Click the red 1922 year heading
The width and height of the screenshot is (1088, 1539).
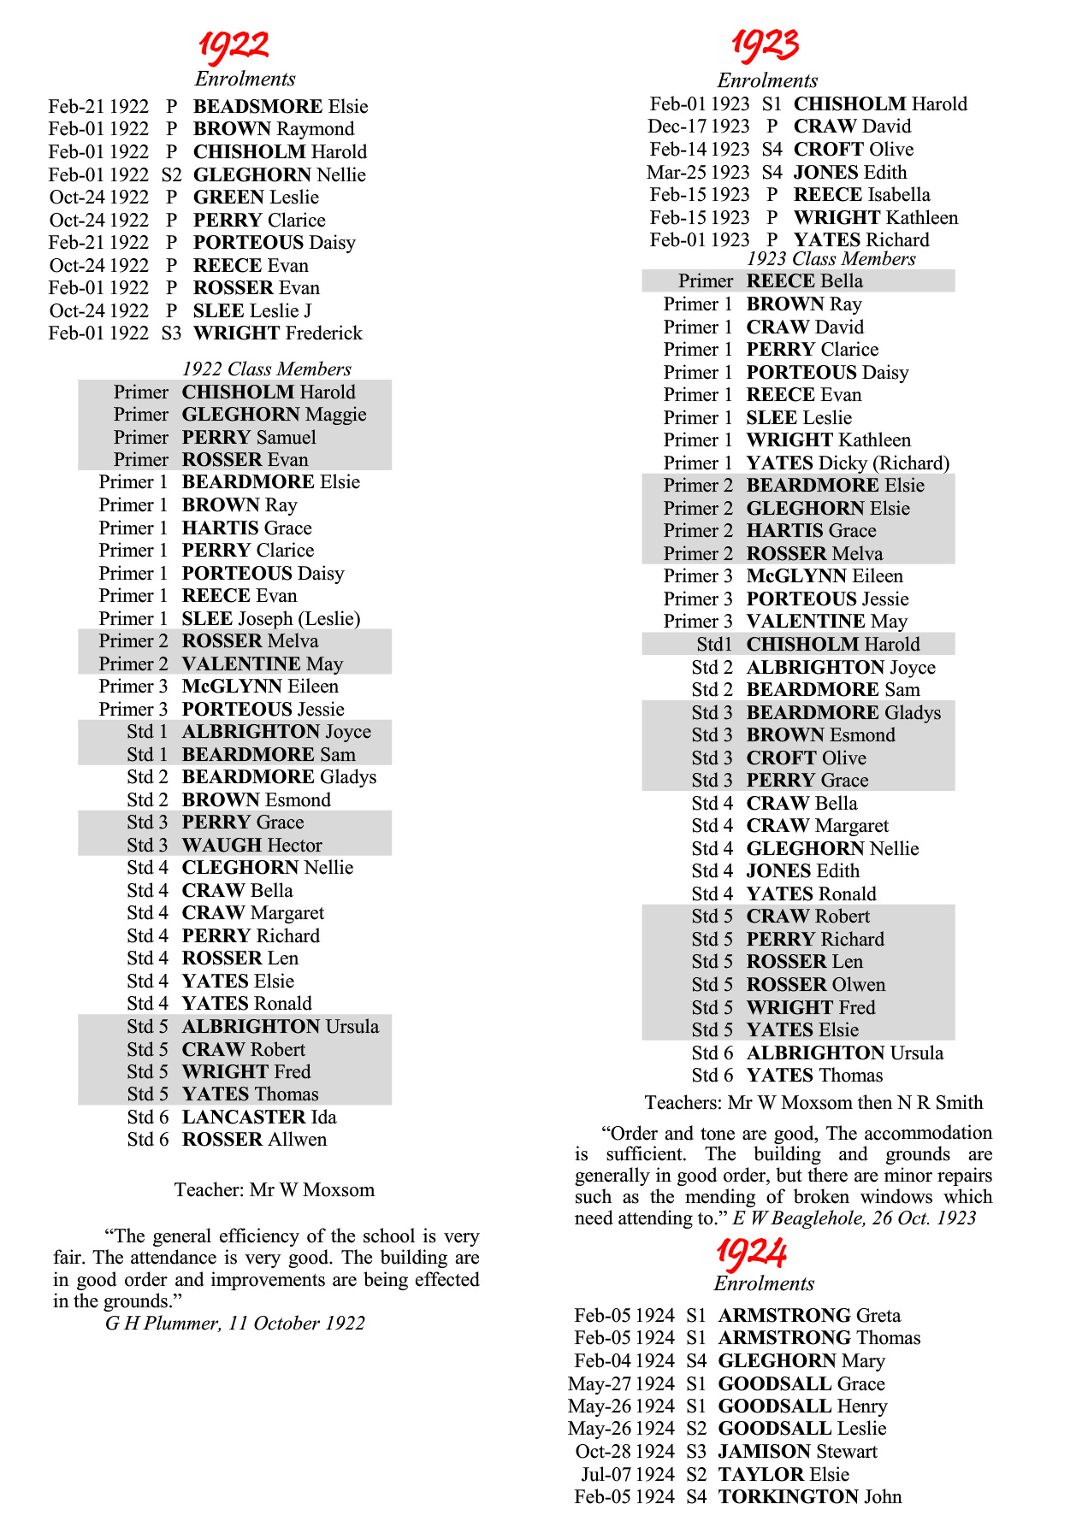pyautogui.click(x=234, y=45)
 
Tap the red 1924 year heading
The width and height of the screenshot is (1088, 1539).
pyautogui.click(x=751, y=1253)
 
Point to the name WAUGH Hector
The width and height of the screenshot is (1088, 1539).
pyautogui.click(x=251, y=845)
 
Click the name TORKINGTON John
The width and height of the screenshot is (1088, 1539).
pyautogui.click(x=809, y=1496)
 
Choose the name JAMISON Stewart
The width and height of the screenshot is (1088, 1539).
pyautogui.click(x=797, y=1451)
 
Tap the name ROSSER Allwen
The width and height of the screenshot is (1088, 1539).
pyautogui.click(x=254, y=1139)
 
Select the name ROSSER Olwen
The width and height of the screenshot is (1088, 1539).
pyautogui.click(x=815, y=984)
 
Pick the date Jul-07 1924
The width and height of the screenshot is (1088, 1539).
pyautogui.click(x=628, y=1474)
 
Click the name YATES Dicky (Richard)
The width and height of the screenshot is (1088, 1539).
pyautogui.click(x=848, y=463)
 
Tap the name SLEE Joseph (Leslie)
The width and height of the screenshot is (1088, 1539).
pyautogui.click(x=271, y=618)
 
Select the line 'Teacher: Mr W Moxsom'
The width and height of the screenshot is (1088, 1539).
pyautogui.click(x=275, y=1189)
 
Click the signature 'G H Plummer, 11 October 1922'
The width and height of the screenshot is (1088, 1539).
pyautogui.click(x=235, y=1323)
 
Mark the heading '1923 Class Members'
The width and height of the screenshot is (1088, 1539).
pyautogui.click(x=831, y=259)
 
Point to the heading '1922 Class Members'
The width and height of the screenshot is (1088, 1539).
pyautogui.click(x=267, y=369)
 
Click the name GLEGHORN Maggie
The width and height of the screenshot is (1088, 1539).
pyautogui.click(x=274, y=414)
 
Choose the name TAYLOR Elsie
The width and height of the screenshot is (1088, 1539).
pyautogui.click(x=783, y=1474)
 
